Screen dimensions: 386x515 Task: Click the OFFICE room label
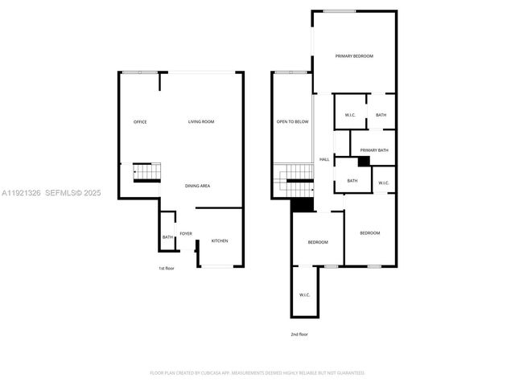[140, 121]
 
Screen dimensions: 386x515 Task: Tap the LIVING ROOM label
[201, 121]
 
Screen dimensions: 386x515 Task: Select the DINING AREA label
[198, 186]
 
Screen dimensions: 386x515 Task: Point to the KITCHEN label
[220, 240]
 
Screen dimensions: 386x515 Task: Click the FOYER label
[186, 234]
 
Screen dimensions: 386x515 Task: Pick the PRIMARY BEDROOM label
[354, 55]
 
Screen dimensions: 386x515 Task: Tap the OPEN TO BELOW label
[293, 121]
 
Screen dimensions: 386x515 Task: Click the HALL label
[324, 159]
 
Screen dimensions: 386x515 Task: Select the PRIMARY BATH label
[374, 150]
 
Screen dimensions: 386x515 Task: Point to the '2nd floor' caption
[299, 334]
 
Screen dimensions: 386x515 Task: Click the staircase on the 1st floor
[147, 171]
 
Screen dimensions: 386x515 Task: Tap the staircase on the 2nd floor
[294, 179]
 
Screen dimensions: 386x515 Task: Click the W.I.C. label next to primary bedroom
[351, 115]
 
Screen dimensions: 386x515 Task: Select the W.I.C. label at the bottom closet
[305, 295]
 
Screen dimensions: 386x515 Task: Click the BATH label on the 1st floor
[167, 237]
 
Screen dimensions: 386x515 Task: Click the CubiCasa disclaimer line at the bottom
[257, 373]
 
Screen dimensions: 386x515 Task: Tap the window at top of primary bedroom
[340, 10]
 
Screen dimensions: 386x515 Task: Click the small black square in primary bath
[364, 161]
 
